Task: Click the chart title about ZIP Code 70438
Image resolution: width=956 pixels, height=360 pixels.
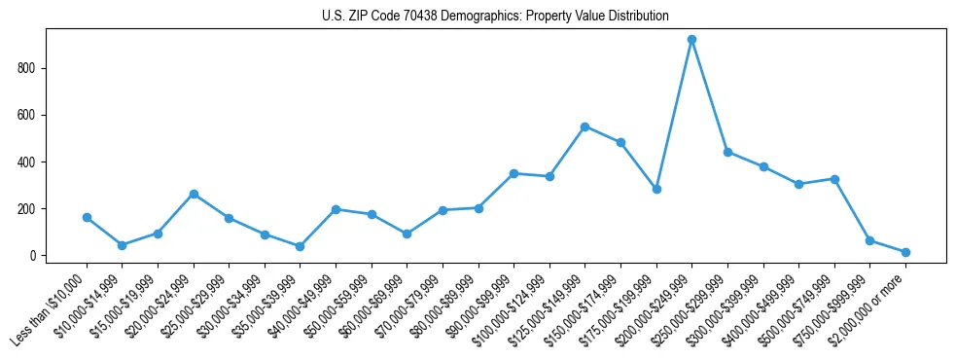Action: tap(495, 17)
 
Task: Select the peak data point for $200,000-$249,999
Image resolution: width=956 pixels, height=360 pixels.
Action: tap(691, 40)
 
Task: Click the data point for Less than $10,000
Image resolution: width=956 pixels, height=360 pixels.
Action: tap(87, 218)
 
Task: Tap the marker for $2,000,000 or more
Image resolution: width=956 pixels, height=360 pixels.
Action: tap(905, 252)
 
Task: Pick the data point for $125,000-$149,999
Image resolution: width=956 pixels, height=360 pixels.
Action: tap(584, 126)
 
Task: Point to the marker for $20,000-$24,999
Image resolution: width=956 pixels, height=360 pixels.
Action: tap(194, 194)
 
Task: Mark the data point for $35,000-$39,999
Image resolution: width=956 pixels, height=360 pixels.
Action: tap(300, 246)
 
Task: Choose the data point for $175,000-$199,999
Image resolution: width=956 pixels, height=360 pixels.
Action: tap(656, 189)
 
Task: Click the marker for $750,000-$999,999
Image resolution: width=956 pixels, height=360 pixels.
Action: tap(869, 240)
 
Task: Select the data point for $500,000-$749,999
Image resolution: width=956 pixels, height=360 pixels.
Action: tap(834, 179)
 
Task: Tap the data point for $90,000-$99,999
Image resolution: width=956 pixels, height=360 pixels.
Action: tap(513, 173)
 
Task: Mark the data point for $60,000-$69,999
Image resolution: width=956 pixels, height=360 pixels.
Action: tap(407, 234)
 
